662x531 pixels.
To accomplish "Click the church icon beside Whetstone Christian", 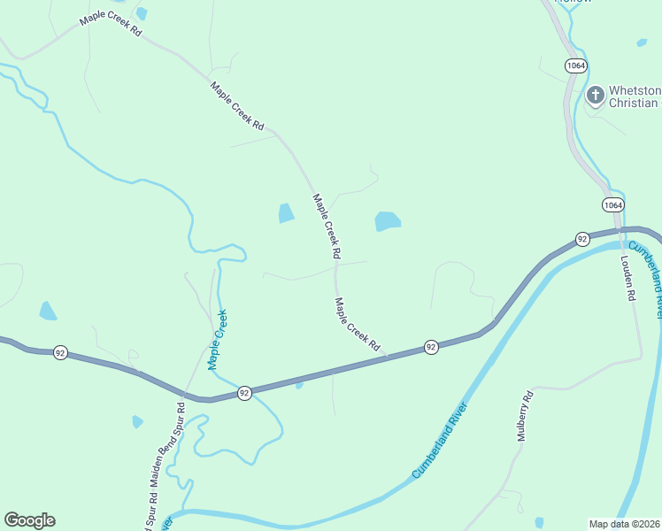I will (596, 94).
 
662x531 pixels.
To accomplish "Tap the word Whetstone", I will (635, 90).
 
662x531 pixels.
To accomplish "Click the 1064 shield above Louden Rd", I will (612, 204).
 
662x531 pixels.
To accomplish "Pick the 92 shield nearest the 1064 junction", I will (582, 239).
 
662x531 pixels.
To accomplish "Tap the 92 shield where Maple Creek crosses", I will (244, 392).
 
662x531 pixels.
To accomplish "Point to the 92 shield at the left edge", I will (60, 352).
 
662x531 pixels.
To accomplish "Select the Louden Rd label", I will (629, 279).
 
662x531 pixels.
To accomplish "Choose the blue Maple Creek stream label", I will (218, 339).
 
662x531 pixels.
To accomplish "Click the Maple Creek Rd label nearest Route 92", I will (358, 325).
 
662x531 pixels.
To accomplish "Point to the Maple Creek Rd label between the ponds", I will (327, 226).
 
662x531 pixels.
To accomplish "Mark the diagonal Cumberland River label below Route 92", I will (439, 440).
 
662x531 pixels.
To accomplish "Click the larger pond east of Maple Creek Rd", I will (388, 221).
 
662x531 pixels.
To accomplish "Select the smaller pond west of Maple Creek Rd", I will (286, 213).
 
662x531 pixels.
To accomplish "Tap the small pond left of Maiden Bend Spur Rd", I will (137, 422).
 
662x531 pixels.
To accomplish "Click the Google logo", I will (29, 520).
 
